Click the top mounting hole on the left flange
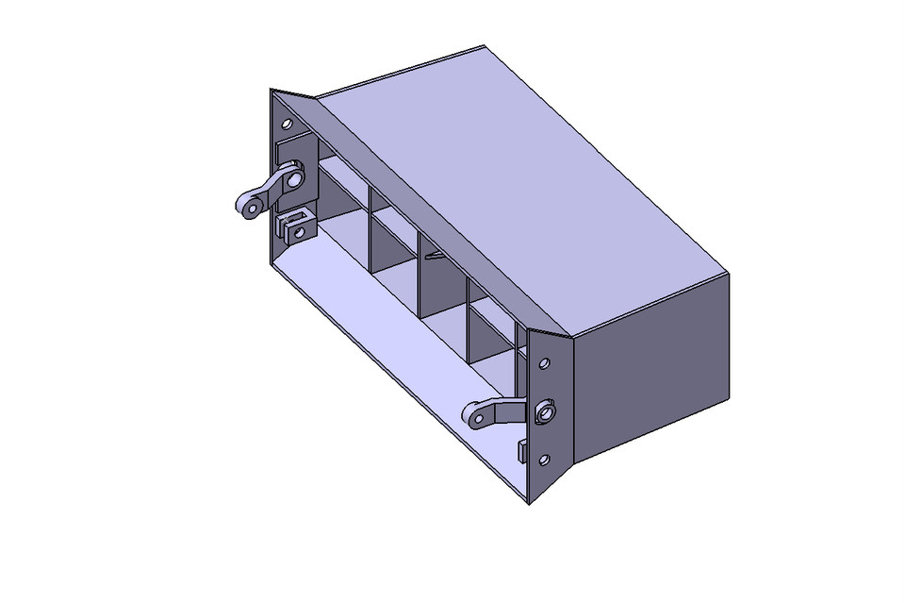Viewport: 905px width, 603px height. click(288, 124)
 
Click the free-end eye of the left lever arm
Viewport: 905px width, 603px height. click(249, 205)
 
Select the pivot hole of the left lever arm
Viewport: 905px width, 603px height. click(296, 176)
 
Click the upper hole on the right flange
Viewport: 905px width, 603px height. click(544, 363)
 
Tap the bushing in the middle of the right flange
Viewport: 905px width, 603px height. click(544, 411)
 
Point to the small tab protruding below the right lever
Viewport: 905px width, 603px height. click(521, 450)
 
